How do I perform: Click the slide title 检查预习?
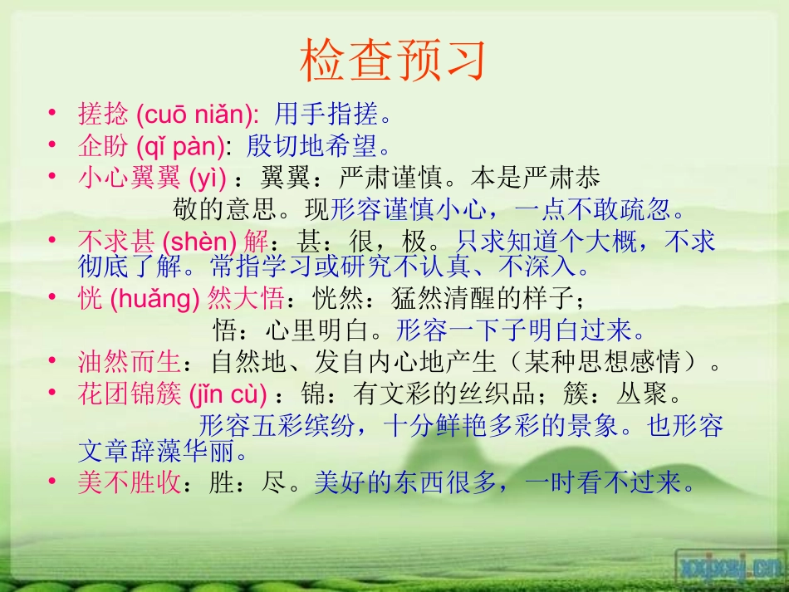click(x=393, y=61)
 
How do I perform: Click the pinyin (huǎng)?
click(x=155, y=299)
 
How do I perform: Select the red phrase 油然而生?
click(x=130, y=362)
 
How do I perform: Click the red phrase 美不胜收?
click(x=130, y=482)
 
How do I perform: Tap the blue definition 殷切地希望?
click(x=313, y=146)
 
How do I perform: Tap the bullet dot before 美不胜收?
click(x=52, y=481)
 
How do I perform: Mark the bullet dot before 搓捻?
click(x=52, y=112)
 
